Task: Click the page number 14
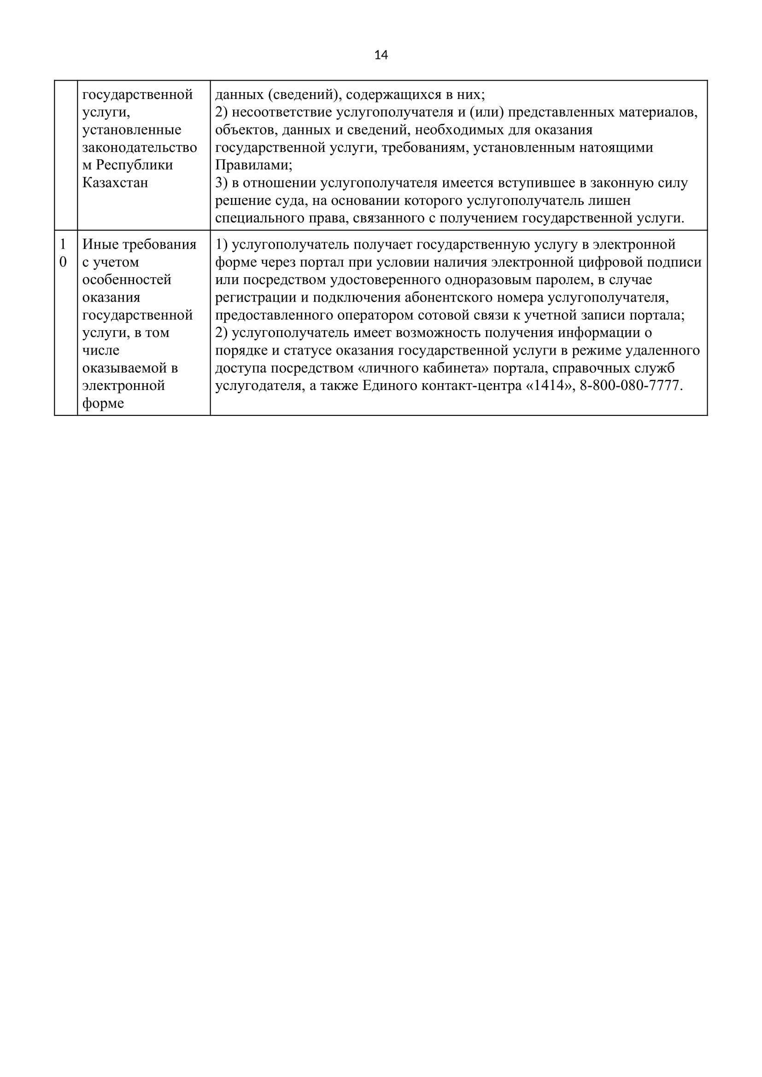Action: point(381,55)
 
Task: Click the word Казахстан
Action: point(115,182)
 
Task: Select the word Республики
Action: point(134,165)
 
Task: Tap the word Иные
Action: point(100,245)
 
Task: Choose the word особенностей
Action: point(127,279)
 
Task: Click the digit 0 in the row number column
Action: point(63,262)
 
